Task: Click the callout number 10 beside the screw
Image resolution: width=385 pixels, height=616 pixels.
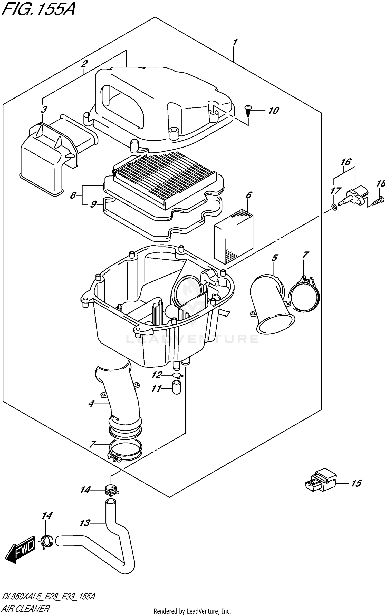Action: [x=274, y=111]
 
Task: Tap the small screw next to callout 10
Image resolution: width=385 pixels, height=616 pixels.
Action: [x=248, y=111]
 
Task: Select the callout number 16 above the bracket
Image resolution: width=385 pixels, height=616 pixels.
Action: [x=346, y=162]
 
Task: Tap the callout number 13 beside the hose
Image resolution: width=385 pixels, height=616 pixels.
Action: [x=85, y=523]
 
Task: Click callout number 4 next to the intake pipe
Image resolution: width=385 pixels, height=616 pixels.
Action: [x=91, y=404]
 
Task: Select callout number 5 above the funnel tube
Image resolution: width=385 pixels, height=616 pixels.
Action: [x=274, y=258]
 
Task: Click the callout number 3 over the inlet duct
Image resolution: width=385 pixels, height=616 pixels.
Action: [x=44, y=109]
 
